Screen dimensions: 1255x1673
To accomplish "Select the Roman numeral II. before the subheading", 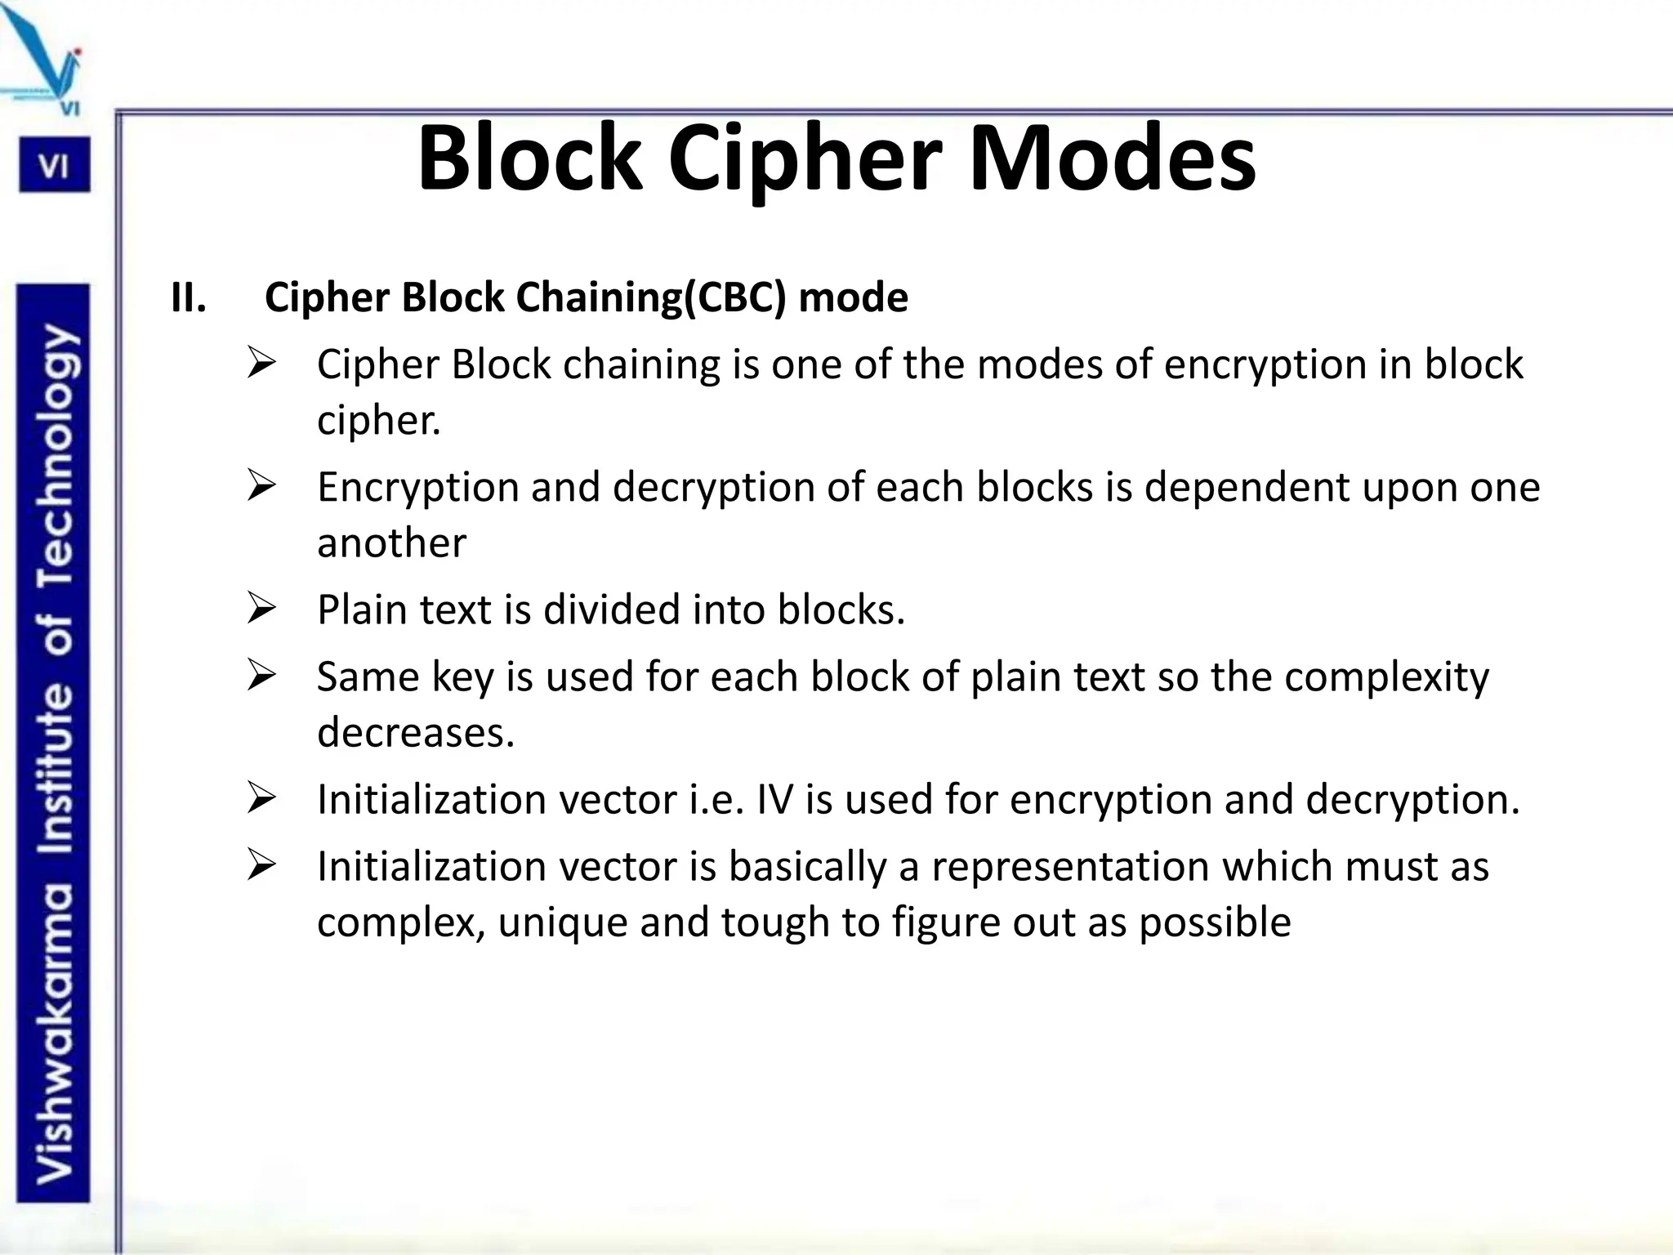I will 189,297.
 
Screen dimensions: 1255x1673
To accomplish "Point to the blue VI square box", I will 55,166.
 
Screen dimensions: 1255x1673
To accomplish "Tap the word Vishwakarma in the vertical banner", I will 55,1034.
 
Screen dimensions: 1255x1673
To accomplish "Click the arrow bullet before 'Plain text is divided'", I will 261,610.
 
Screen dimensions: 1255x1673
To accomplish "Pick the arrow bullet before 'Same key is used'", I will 261,677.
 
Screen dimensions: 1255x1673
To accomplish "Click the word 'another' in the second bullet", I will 391,543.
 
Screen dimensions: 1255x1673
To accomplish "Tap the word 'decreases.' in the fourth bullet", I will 416,732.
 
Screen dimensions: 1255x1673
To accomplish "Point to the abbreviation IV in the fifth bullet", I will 775,799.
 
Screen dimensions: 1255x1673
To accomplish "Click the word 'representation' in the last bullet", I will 1070,867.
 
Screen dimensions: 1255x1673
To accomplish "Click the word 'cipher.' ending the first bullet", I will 378,421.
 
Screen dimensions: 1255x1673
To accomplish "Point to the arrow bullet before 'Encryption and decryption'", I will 261,487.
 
